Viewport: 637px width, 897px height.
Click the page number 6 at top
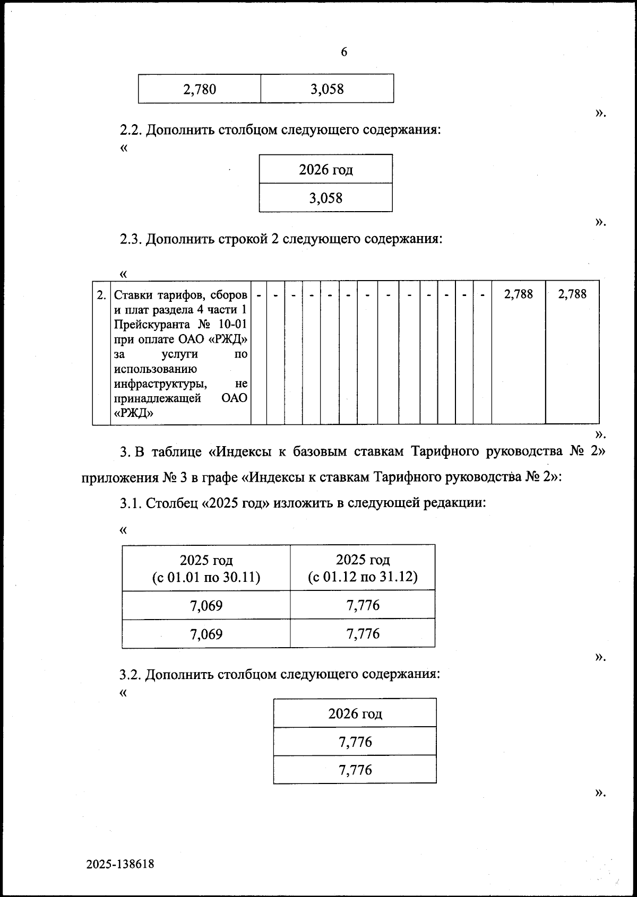(x=344, y=52)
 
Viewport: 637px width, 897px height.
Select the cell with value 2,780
(x=200, y=89)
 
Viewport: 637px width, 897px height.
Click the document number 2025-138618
(x=120, y=864)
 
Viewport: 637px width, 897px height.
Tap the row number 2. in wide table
(x=101, y=294)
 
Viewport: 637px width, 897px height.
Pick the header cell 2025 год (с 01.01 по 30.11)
(x=206, y=568)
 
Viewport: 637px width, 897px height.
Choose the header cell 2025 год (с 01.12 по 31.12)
(x=363, y=568)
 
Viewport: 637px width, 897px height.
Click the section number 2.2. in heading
(x=131, y=130)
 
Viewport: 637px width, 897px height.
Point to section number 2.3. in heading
(x=131, y=239)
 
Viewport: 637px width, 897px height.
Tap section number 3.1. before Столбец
(x=131, y=503)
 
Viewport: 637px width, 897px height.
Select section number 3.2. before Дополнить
(x=131, y=675)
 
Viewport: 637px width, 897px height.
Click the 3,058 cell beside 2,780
(x=327, y=89)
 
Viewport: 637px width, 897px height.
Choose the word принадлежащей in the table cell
(x=157, y=398)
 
